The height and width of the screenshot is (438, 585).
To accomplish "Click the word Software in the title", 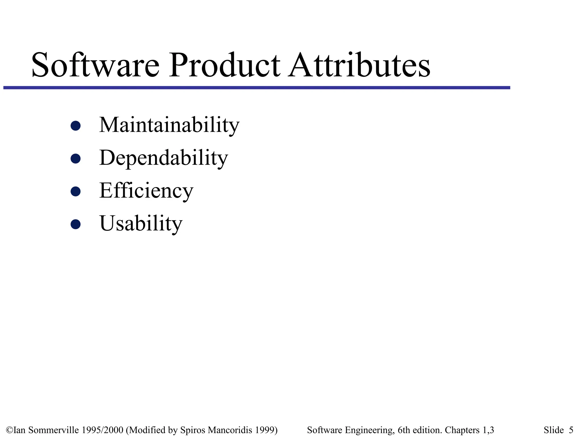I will (95, 65).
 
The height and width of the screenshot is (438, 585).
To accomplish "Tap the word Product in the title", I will (225, 65).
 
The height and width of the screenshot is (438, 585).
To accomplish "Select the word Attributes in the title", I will (359, 65).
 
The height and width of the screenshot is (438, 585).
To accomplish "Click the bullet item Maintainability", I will (169, 125).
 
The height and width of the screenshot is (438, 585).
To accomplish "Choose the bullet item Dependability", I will (163, 158).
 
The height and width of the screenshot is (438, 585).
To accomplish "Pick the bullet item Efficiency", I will (146, 190).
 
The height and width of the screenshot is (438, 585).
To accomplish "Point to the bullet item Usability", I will (141, 223).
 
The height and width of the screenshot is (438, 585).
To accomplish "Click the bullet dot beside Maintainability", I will (75, 125).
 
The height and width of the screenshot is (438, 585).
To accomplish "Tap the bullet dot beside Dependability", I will (75, 158).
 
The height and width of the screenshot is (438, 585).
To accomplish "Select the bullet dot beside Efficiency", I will (75, 191).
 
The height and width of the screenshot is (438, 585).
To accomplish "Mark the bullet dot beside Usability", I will (75, 224).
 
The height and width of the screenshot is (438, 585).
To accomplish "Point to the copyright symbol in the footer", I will (9, 430).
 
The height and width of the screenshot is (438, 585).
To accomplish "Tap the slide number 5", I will (571, 430).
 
